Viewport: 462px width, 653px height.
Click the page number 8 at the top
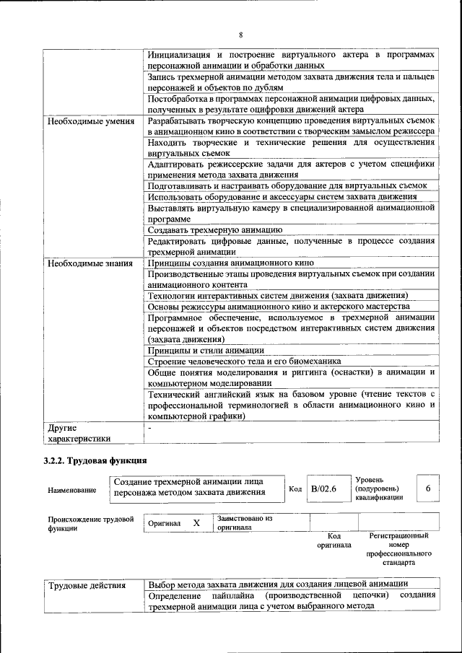(240, 35)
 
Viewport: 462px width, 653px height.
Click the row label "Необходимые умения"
(91, 121)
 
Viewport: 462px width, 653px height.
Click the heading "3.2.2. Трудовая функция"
(95, 460)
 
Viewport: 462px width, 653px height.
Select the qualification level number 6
(428, 489)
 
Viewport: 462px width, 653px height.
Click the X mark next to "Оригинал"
(196, 522)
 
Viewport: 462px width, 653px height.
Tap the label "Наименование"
(71, 491)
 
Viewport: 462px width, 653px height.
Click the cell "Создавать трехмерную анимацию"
(214, 229)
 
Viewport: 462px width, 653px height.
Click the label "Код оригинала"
(334, 540)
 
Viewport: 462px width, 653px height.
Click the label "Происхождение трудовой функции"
(91, 522)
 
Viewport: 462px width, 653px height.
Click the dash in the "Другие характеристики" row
(149, 428)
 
